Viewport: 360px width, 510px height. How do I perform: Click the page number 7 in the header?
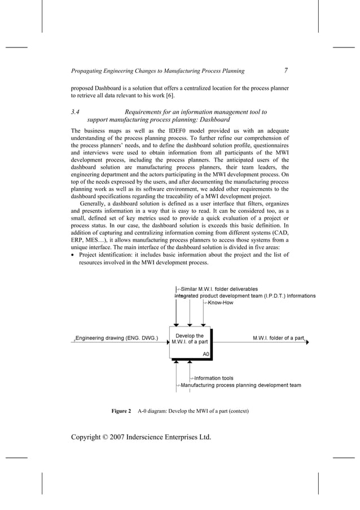tap(286, 71)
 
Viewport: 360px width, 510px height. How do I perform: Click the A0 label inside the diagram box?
tap(206, 354)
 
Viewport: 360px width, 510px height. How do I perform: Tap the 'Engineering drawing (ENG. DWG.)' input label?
tap(117, 339)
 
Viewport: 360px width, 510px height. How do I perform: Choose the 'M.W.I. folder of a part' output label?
tap(278, 338)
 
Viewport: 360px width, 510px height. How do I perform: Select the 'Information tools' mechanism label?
tap(213, 378)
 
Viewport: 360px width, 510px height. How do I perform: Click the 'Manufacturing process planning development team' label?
tap(240, 386)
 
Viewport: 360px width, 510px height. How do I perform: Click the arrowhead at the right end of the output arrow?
tap(307, 342)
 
